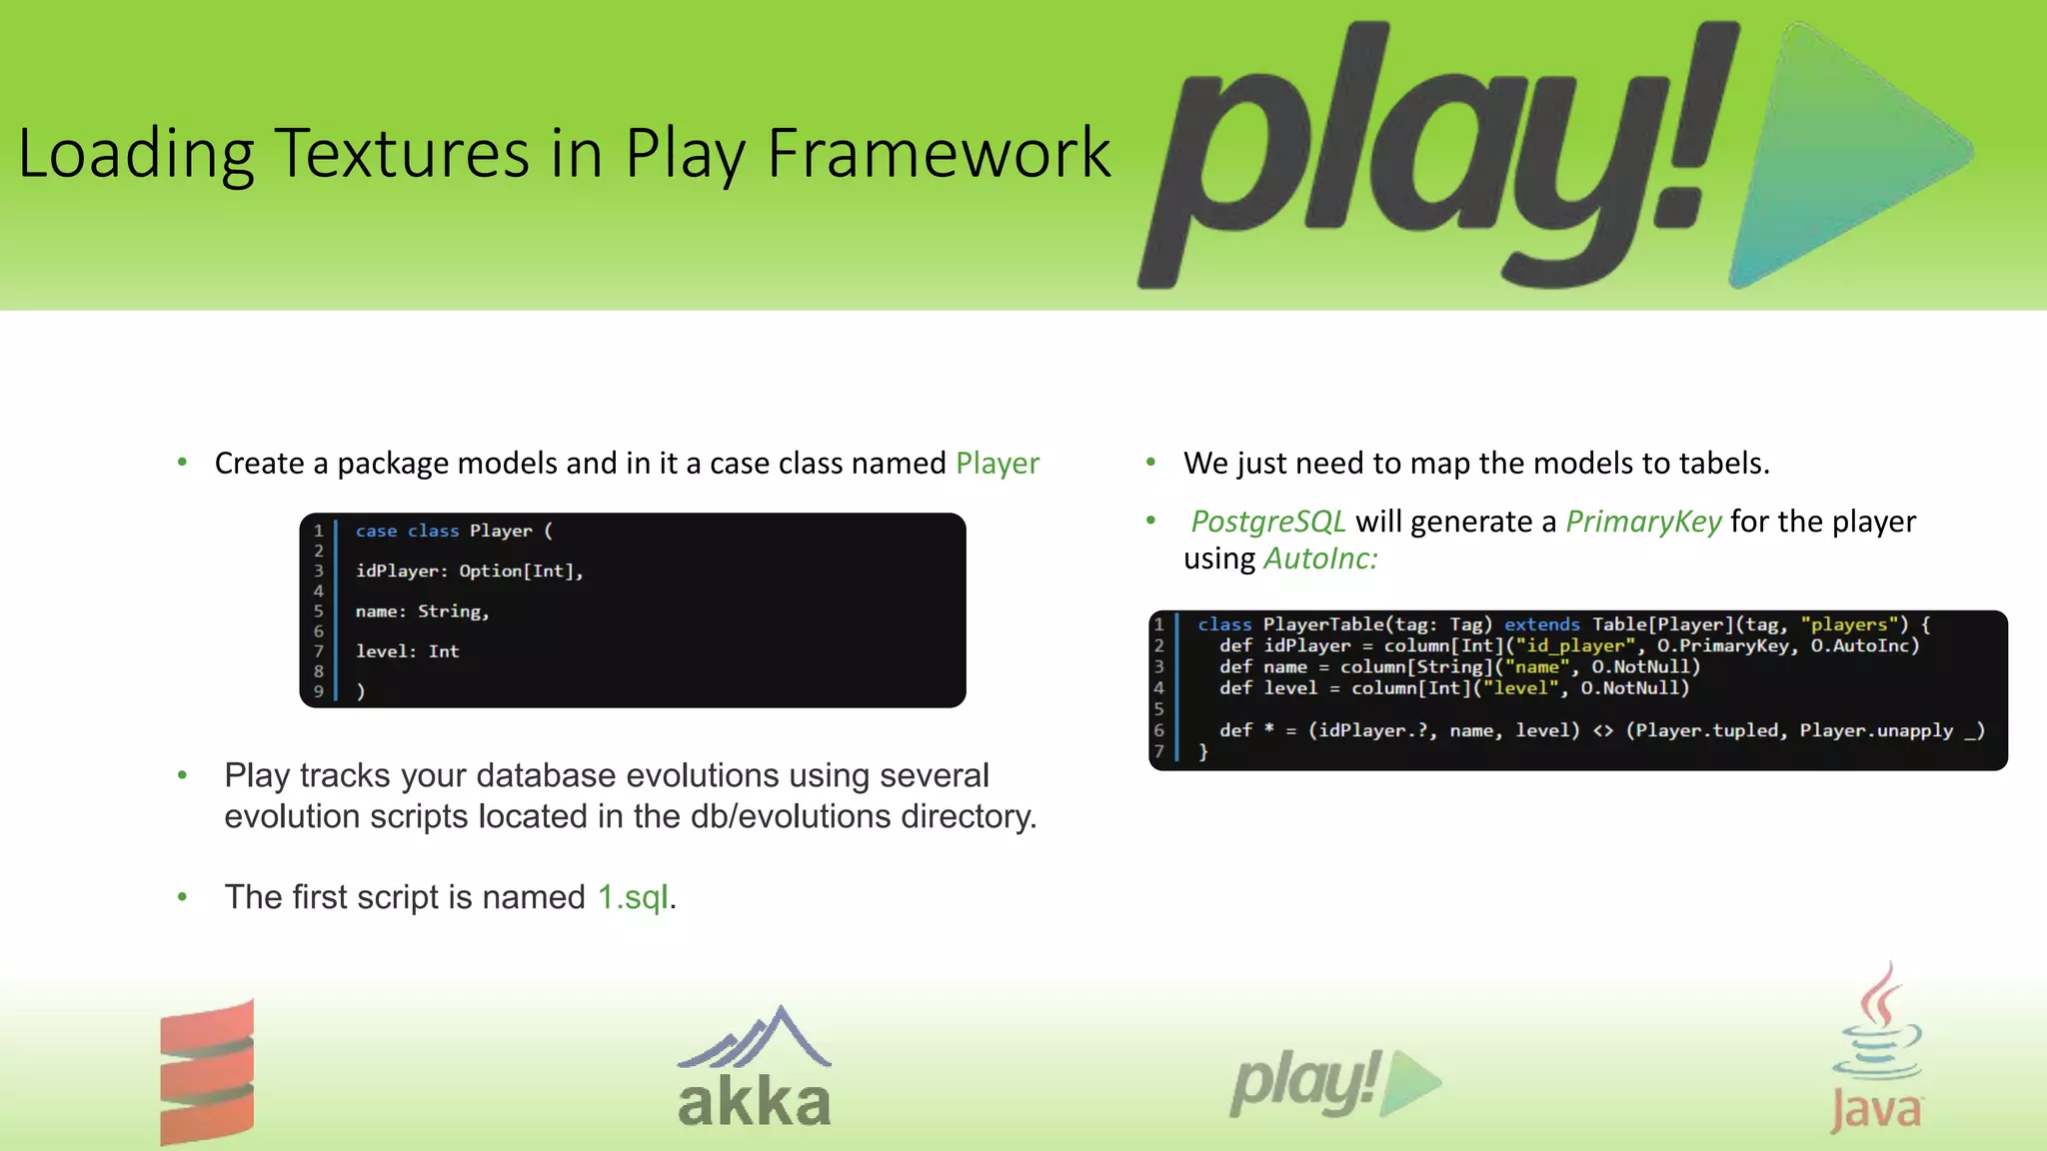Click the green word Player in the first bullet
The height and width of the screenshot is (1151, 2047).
pyautogui.click(x=997, y=464)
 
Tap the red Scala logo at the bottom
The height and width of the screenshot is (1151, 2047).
pyautogui.click(x=207, y=1071)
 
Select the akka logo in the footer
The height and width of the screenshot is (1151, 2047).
pyautogui.click(x=755, y=1069)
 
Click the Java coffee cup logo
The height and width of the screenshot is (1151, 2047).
pyautogui.click(x=1876, y=1049)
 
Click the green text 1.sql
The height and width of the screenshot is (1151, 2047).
pyautogui.click(x=633, y=897)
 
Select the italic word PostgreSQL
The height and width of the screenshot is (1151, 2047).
pyautogui.click(x=1267, y=522)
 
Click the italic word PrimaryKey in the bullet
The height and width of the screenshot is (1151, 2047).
pyautogui.click(x=1642, y=522)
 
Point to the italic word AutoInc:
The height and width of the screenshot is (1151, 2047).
pyautogui.click(x=1319, y=559)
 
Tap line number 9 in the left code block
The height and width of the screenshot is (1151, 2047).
pyautogui.click(x=319, y=691)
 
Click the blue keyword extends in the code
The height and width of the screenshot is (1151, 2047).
pyautogui.click(x=1541, y=624)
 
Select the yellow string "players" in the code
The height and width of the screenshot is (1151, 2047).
pyautogui.click(x=1848, y=624)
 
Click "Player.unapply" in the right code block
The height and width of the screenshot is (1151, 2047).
pyautogui.click(x=1875, y=730)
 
